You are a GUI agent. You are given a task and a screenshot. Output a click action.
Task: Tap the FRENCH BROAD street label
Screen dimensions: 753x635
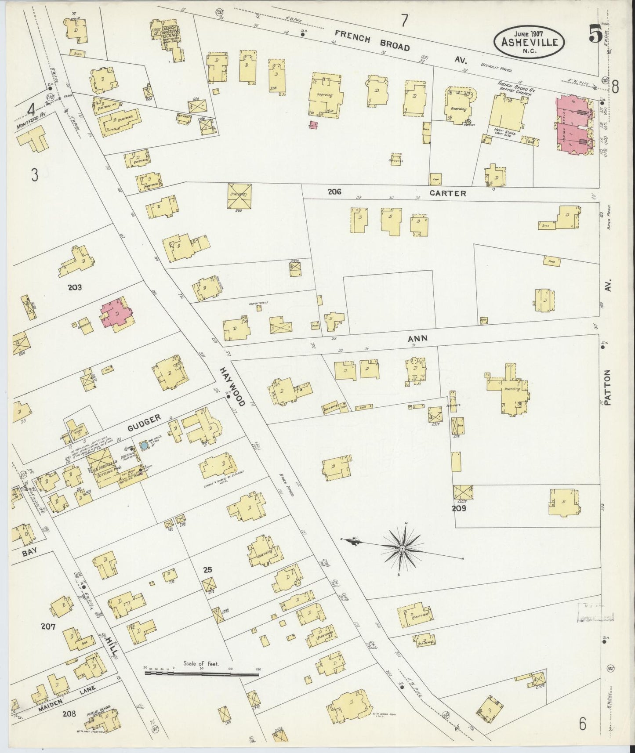[x=372, y=40]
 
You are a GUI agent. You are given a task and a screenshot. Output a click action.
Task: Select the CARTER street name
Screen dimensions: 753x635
[x=448, y=193]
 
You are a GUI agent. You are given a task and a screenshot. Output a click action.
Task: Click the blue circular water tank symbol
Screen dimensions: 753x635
[x=144, y=446]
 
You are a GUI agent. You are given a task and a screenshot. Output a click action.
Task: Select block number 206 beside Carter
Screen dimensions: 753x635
[x=334, y=192]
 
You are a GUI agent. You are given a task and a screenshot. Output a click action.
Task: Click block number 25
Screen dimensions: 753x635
[x=207, y=569]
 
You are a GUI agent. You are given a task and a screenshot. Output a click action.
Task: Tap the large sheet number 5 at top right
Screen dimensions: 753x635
[x=595, y=35]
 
